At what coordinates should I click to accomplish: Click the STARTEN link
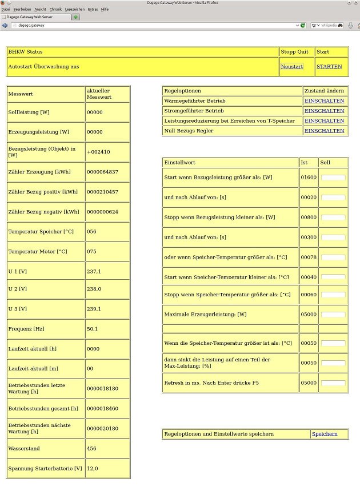click(x=329, y=67)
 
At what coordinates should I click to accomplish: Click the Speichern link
click(x=325, y=434)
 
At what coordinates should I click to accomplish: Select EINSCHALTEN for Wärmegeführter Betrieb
click(x=324, y=100)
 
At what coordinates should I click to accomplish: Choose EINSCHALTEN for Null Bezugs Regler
click(x=324, y=131)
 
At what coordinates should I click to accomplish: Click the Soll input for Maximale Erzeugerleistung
click(x=333, y=314)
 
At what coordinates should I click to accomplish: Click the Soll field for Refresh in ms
click(x=333, y=383)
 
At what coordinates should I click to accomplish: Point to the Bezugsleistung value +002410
click(x=98, y=152)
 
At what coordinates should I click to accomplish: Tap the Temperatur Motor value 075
click(x=93, y=251)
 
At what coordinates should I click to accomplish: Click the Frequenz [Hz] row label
click(x=27, y=329)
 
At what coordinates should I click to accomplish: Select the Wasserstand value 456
click(x=93, y=449)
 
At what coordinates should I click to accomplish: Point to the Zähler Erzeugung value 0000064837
click(x=102, y=172)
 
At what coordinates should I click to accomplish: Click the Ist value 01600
click(x=309, y=178)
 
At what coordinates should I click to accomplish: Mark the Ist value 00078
click(x=309, y=257)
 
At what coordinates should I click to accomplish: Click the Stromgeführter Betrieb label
click(x=194, y=111)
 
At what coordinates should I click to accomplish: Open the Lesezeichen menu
click(x=74, y=10)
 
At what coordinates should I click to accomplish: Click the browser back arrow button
click(x=5, y=26)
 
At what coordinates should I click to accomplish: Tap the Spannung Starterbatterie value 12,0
click(x=93, y=469)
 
